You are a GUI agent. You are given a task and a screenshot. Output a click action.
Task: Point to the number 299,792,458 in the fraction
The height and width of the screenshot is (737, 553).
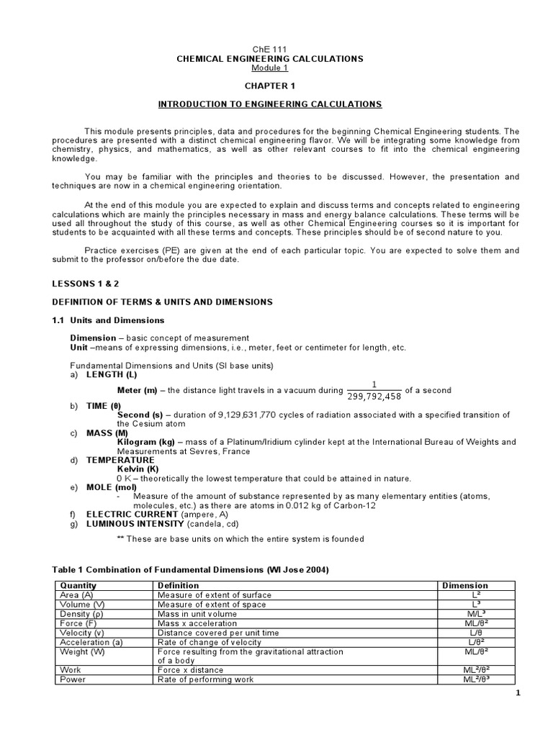click(374, 396)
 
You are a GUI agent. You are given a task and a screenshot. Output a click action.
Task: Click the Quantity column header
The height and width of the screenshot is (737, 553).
click(78, 585)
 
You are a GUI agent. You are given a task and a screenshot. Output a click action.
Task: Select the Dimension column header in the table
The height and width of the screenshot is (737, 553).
click(464, 585)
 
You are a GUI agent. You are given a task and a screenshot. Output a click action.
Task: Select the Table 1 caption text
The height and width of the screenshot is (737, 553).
click(192, 569)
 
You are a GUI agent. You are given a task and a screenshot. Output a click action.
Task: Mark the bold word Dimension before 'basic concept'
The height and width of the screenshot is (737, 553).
click(92, 338)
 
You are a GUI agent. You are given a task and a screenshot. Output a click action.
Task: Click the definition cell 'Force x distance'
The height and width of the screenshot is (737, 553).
click(190, 669)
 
